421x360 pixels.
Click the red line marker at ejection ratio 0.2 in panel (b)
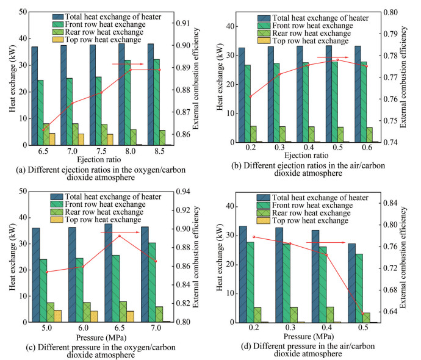point(251,96)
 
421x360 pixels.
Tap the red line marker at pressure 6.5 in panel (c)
point(120,236)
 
